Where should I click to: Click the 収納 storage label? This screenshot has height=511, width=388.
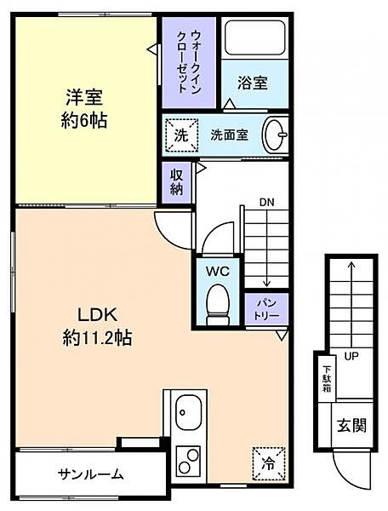pos(176,180)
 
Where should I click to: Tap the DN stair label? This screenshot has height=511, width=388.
pos(267,203)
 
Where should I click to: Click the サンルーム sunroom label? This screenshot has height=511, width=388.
pos(91,474)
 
